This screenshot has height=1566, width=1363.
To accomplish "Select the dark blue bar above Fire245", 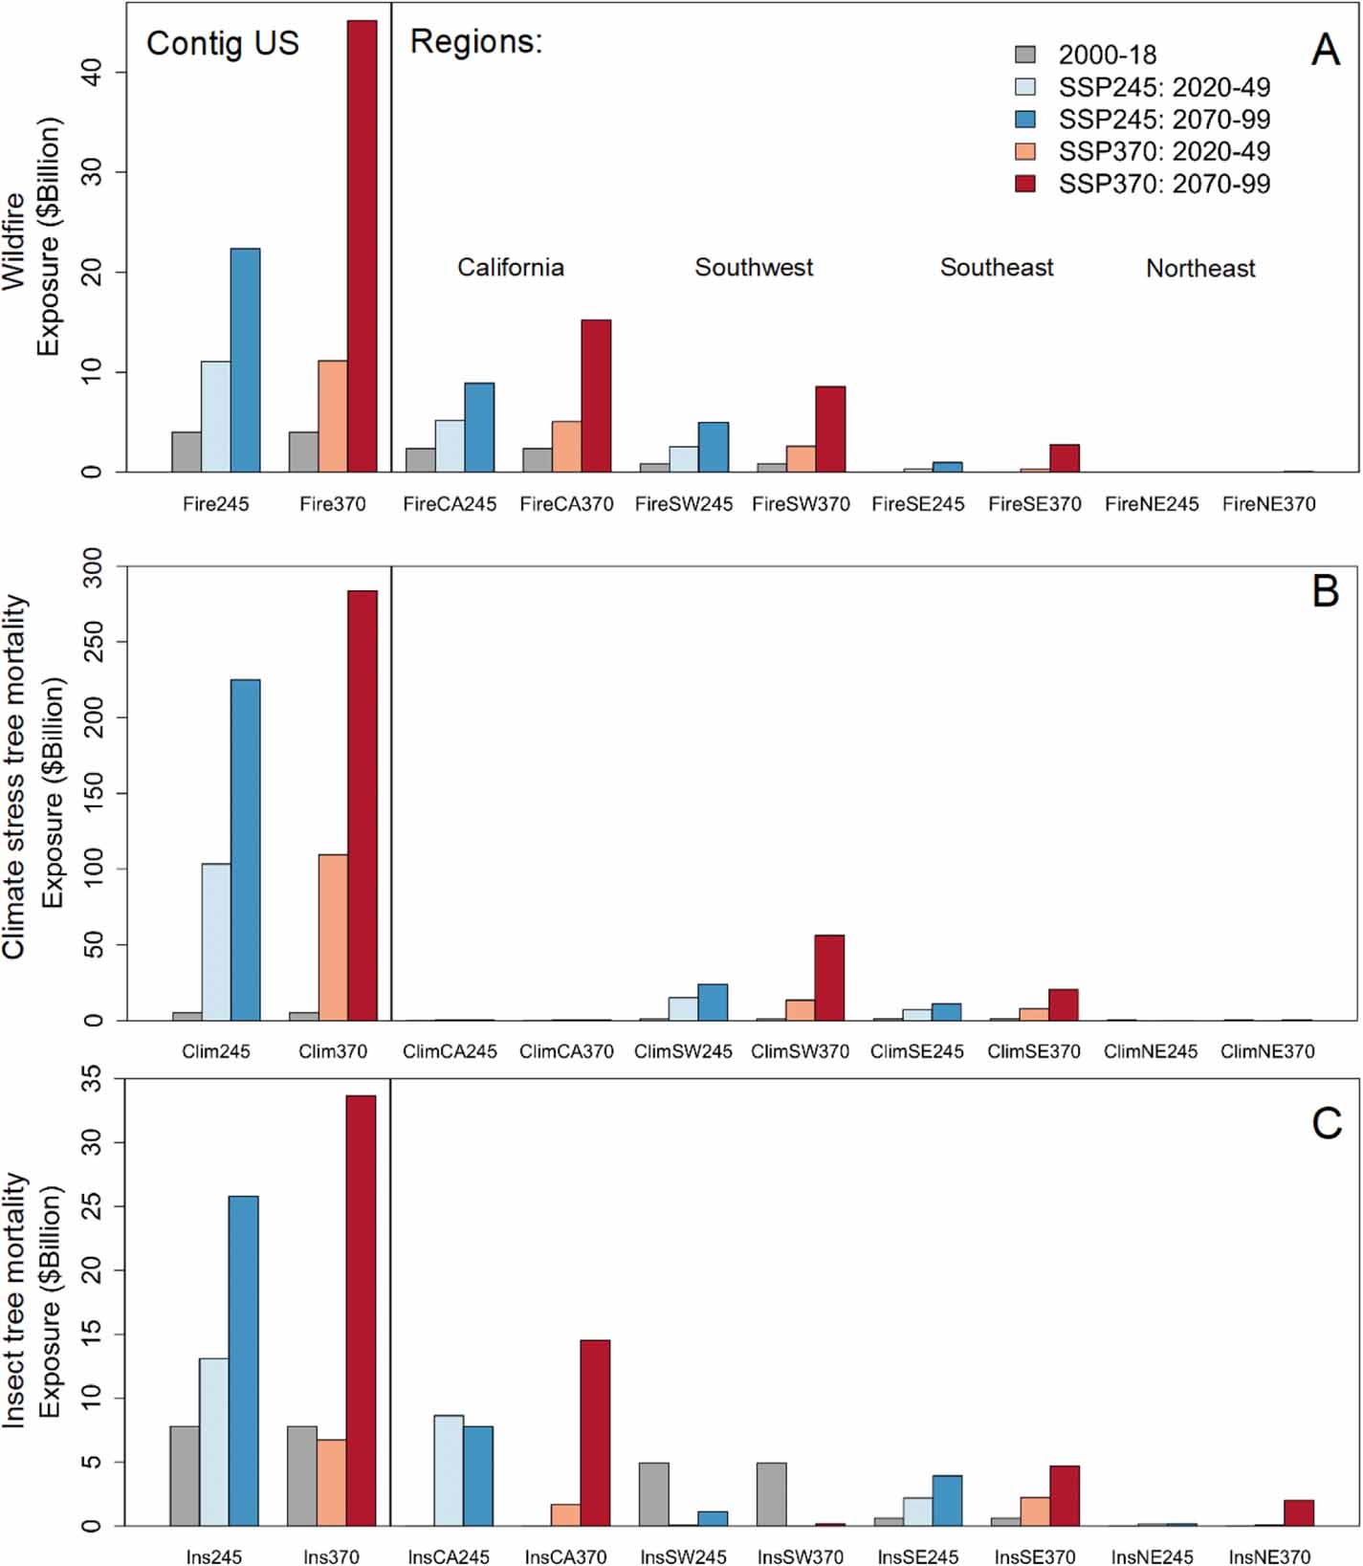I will (245, 360).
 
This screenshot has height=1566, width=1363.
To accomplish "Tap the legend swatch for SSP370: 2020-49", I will (1024, 151).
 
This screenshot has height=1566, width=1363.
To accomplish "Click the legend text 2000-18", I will (1107, 55).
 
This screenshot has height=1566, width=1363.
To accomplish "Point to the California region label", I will (510, 267).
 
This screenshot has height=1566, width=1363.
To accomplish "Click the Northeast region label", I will (1199, 268).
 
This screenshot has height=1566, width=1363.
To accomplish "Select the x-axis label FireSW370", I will (801, 503).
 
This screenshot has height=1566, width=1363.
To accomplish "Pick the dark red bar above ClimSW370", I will (829, 977).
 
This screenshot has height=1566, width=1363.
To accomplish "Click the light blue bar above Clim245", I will (216, 941).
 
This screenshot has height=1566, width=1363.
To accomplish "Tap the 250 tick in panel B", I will (93, 642).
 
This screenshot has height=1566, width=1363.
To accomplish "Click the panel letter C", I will (1326, 1123).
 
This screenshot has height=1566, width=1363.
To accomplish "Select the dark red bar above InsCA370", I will (595, 1432).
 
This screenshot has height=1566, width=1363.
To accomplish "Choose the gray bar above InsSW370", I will (771, 1493).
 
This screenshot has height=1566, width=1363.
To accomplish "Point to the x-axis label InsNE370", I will (1269, 1556).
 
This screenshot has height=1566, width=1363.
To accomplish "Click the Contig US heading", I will (223, 43).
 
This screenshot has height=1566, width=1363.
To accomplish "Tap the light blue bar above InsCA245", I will (449, 1470).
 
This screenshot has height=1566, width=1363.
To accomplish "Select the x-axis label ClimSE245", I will (916, 1051).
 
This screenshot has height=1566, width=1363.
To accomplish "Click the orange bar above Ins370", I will (332, 1482).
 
